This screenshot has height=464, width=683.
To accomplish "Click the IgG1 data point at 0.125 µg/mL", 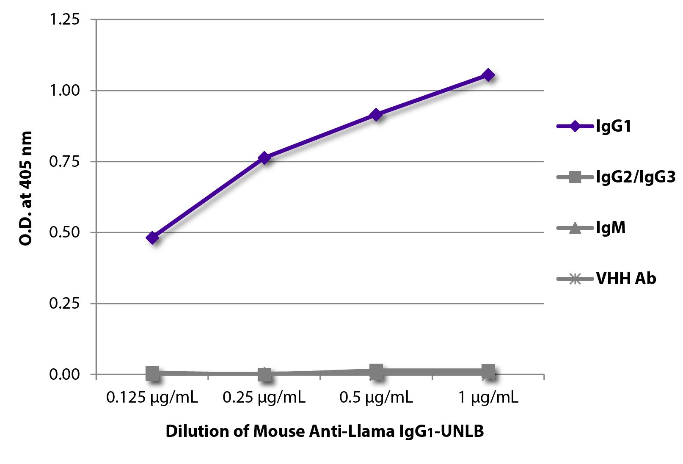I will point(152,238).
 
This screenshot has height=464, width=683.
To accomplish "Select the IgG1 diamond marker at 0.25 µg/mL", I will point(264,158).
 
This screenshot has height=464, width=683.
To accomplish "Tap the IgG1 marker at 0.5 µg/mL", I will point(376,115).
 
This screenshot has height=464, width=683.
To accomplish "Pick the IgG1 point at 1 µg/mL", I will point(488,75).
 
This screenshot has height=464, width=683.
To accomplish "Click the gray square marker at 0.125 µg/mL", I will point(152,373).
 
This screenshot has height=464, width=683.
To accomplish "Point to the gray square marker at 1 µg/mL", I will point(488,372).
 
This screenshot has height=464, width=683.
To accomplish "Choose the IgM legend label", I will point(610,228).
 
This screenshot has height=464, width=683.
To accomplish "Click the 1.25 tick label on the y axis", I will point(64,19).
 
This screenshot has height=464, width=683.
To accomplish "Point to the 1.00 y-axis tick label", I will point(64,90).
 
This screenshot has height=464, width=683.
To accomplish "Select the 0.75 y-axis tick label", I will point(64,161).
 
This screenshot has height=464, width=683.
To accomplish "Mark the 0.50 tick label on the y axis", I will point(64,232).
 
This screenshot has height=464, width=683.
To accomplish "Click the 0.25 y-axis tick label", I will point(64,303).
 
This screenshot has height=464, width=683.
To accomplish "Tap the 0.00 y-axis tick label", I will point(64,374).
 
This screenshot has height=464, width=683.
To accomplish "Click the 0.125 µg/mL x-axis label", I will point(152,398).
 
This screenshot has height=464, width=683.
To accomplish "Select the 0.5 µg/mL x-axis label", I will point(376,398).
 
